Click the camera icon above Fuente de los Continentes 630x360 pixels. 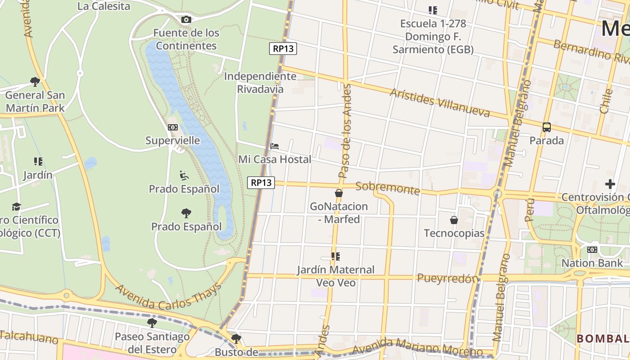coord(186,19)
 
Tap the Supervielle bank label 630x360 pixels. coord(173,140)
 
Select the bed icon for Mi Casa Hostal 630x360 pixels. coord(274,146)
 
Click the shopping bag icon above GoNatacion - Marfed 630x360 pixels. coord(339,193)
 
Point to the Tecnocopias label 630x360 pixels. coord(454,233)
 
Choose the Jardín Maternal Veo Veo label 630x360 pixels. coord(335,276)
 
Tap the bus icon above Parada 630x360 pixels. coord(547,127)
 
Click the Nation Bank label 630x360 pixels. coord(592,263)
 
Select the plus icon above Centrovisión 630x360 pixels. coord(610,184)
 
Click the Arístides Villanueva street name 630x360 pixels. coord(440,103)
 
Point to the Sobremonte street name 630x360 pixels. coord(387,188)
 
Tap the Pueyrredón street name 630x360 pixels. coord(447,279)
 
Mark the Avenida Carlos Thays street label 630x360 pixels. coord(169,297)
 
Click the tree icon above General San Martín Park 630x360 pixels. coord(35,82)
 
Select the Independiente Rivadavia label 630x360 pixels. coord(260,82)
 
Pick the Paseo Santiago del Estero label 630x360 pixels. coord(152,342)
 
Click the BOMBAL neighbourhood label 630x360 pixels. coord(603,338)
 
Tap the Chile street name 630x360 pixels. coord(606,101)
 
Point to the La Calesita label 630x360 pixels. coord(103,6)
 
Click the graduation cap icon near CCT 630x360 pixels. coord(16,207)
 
